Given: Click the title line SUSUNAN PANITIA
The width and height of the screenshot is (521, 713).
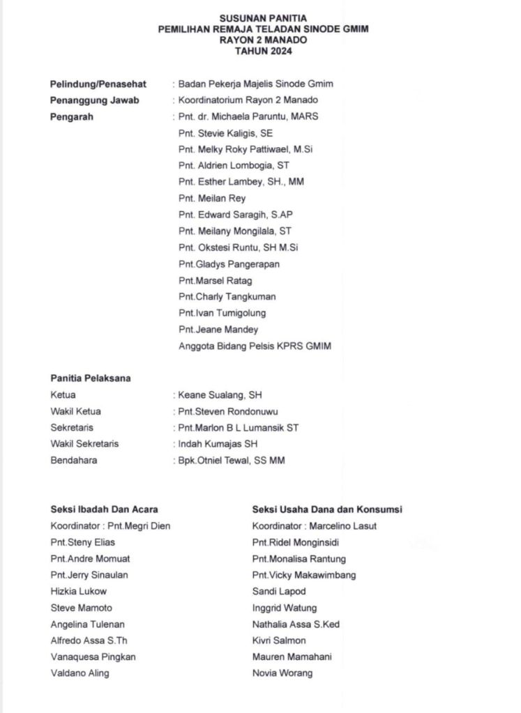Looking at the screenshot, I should point(263,18).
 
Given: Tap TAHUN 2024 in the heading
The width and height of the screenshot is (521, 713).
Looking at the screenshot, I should point(263,51).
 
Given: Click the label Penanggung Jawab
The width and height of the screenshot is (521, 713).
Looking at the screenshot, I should point(95,100).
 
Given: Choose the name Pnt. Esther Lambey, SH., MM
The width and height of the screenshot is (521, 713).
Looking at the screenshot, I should point(241,182).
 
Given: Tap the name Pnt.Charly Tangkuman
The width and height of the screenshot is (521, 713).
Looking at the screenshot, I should point(227,297).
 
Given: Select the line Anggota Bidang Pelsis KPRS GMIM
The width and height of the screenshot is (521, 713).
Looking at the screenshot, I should point(255,346).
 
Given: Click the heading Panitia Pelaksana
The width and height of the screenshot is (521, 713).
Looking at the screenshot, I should point(91,378).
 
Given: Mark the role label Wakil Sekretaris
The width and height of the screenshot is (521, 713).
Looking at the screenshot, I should point(84,444).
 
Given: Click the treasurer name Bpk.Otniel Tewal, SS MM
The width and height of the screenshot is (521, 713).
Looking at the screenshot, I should point(232,460).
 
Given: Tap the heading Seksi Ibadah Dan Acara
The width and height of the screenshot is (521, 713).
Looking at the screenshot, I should point(104,509).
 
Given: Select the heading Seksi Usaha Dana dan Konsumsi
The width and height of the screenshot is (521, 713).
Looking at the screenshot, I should point(327,509).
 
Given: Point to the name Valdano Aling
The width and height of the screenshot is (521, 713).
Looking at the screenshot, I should point(80,673).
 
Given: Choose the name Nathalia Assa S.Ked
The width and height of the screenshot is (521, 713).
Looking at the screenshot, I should point(296,624).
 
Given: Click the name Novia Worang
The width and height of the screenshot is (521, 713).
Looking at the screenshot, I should point(282,673).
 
